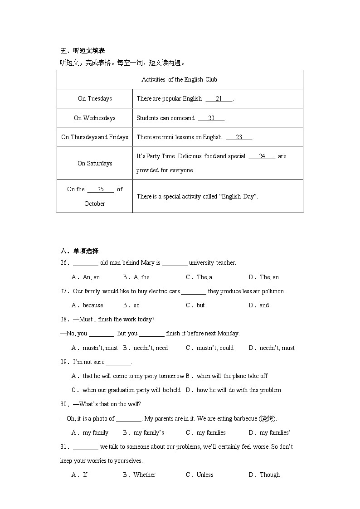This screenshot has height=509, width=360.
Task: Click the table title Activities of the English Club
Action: pyautogui.click(x=179, y=80)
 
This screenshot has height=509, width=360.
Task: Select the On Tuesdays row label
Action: pyautogui.click(x=95, y=99)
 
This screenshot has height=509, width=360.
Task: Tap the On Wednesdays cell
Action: pyautogui.click(x=95, y=118)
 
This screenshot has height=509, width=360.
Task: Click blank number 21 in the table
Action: pyautogui.click(x=219, y=99)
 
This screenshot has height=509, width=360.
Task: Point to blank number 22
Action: pyautogui.click(x=211, y=118)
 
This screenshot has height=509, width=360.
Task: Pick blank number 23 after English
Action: pyautogui.click(x=239, y=137)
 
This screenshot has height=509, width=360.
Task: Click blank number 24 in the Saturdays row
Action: pyautogui.click(x=262, y=156)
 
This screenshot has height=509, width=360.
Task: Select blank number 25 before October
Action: pyautogui.click(x=101, y=189)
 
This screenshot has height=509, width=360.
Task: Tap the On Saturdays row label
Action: pyautogui.click(x=95, y=163)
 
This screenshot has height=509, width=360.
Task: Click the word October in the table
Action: pyautogui.click(x=95, y=204)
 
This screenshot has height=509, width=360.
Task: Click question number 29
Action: pyautogui.click(x=65, y=362)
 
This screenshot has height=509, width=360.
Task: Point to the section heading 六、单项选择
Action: pyautogui.click(x=79, y=251)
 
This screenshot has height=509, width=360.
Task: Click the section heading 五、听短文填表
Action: pyautogui.click(x=83, y=51)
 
